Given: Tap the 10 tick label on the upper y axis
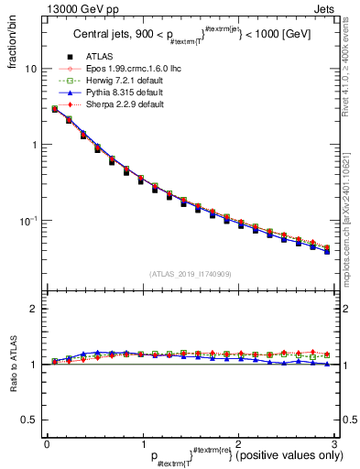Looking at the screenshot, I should pos(29,70).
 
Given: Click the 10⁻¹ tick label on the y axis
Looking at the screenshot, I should pos(27,220).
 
